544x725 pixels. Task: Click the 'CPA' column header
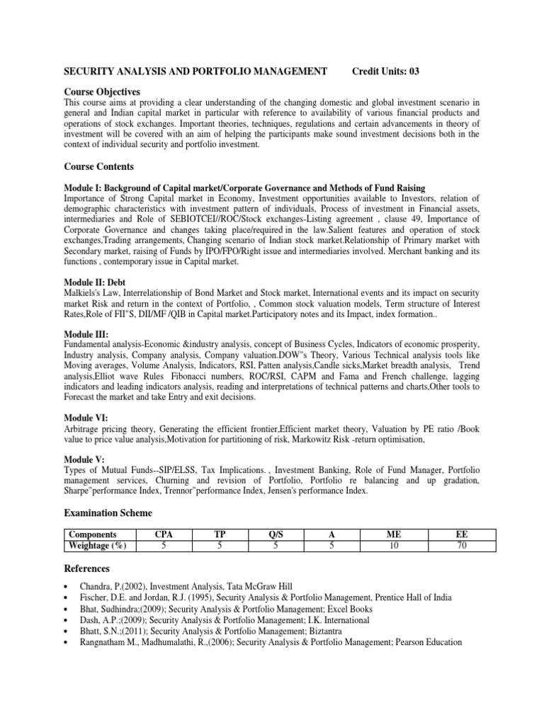click(x=165, y=535)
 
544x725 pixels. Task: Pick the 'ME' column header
click(x=391, y=535)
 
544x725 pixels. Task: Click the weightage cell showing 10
click(x=391, y=546)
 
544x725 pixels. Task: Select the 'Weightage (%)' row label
click(x=97, y=546)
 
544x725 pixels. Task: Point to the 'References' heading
click(x=89, y=569)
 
